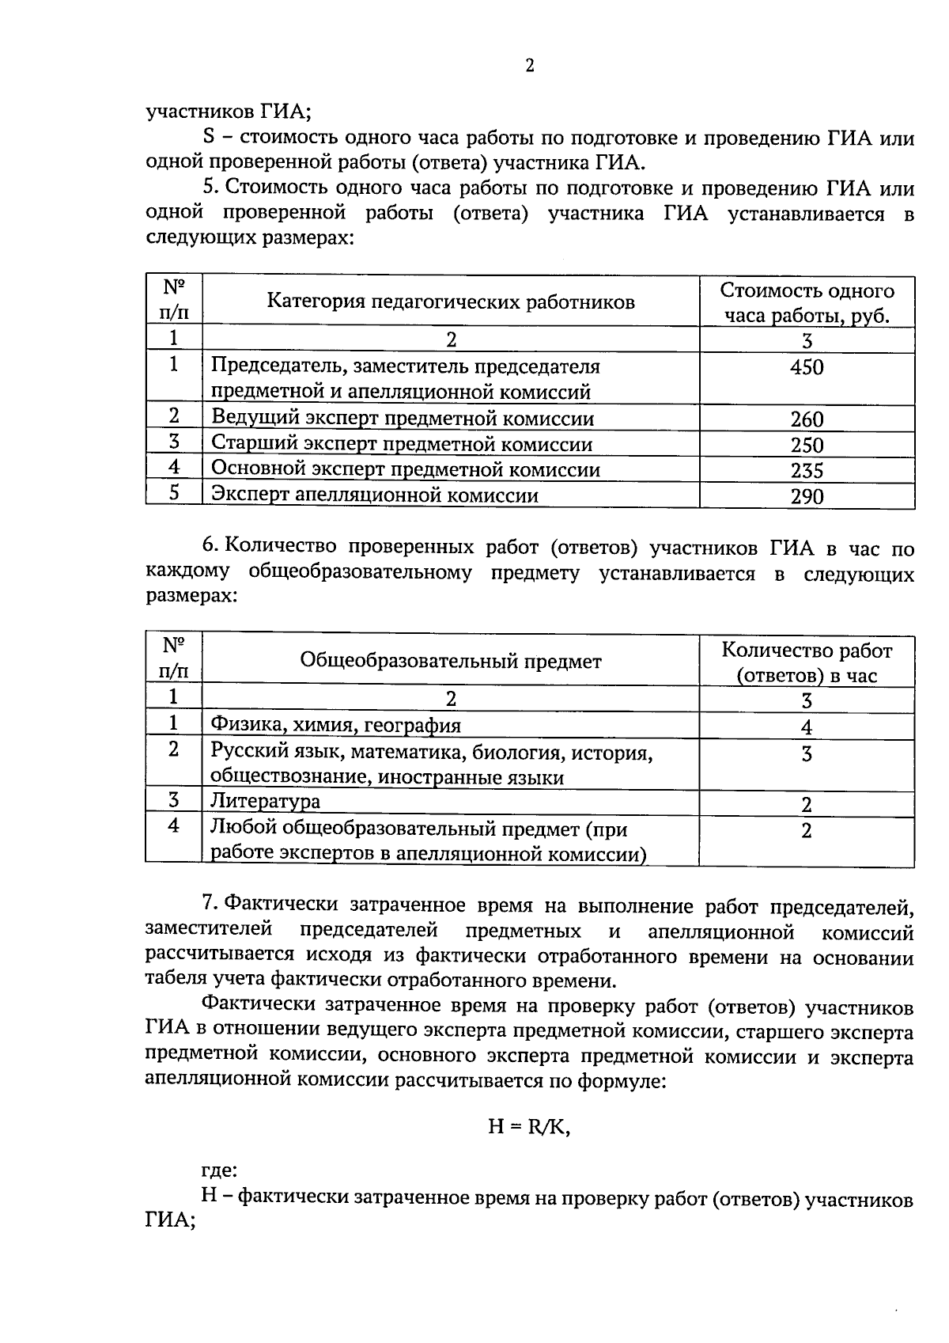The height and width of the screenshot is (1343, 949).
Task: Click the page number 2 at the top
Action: [x=530, y=66]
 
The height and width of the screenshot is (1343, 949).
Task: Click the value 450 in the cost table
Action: [x=807, y=367]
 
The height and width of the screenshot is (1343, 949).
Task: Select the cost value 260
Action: [x=807, y=419]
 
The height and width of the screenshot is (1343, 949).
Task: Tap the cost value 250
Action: [x=807, y=445]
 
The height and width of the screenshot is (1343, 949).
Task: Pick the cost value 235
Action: [x=807, y=471]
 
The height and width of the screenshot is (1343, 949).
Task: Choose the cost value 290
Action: [x=807, y=496]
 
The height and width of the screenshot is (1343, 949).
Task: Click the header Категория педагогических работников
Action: [x=451, y=302]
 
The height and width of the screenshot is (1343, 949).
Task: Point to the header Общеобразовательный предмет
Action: [x=451, y=661]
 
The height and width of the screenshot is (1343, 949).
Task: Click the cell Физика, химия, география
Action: [x=335, y=725]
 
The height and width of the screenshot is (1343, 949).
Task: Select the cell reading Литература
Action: [x=265, y=801]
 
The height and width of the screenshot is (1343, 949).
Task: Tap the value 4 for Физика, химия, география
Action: [x=807, y=727]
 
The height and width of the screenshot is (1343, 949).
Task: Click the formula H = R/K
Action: [x=529, y=1127]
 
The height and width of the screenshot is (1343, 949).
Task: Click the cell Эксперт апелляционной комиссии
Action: [x=375, y=495]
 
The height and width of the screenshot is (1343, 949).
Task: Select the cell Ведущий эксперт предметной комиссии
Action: [x=403, y=419]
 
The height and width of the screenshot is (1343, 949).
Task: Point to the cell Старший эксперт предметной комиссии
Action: [x=402, y=444]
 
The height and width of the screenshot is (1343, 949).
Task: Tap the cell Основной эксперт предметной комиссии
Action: [x=406, y=469]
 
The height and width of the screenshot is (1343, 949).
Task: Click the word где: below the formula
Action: [x=219, y=1170]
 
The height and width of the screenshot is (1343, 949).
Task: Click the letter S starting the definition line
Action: [x=210, y=138]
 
